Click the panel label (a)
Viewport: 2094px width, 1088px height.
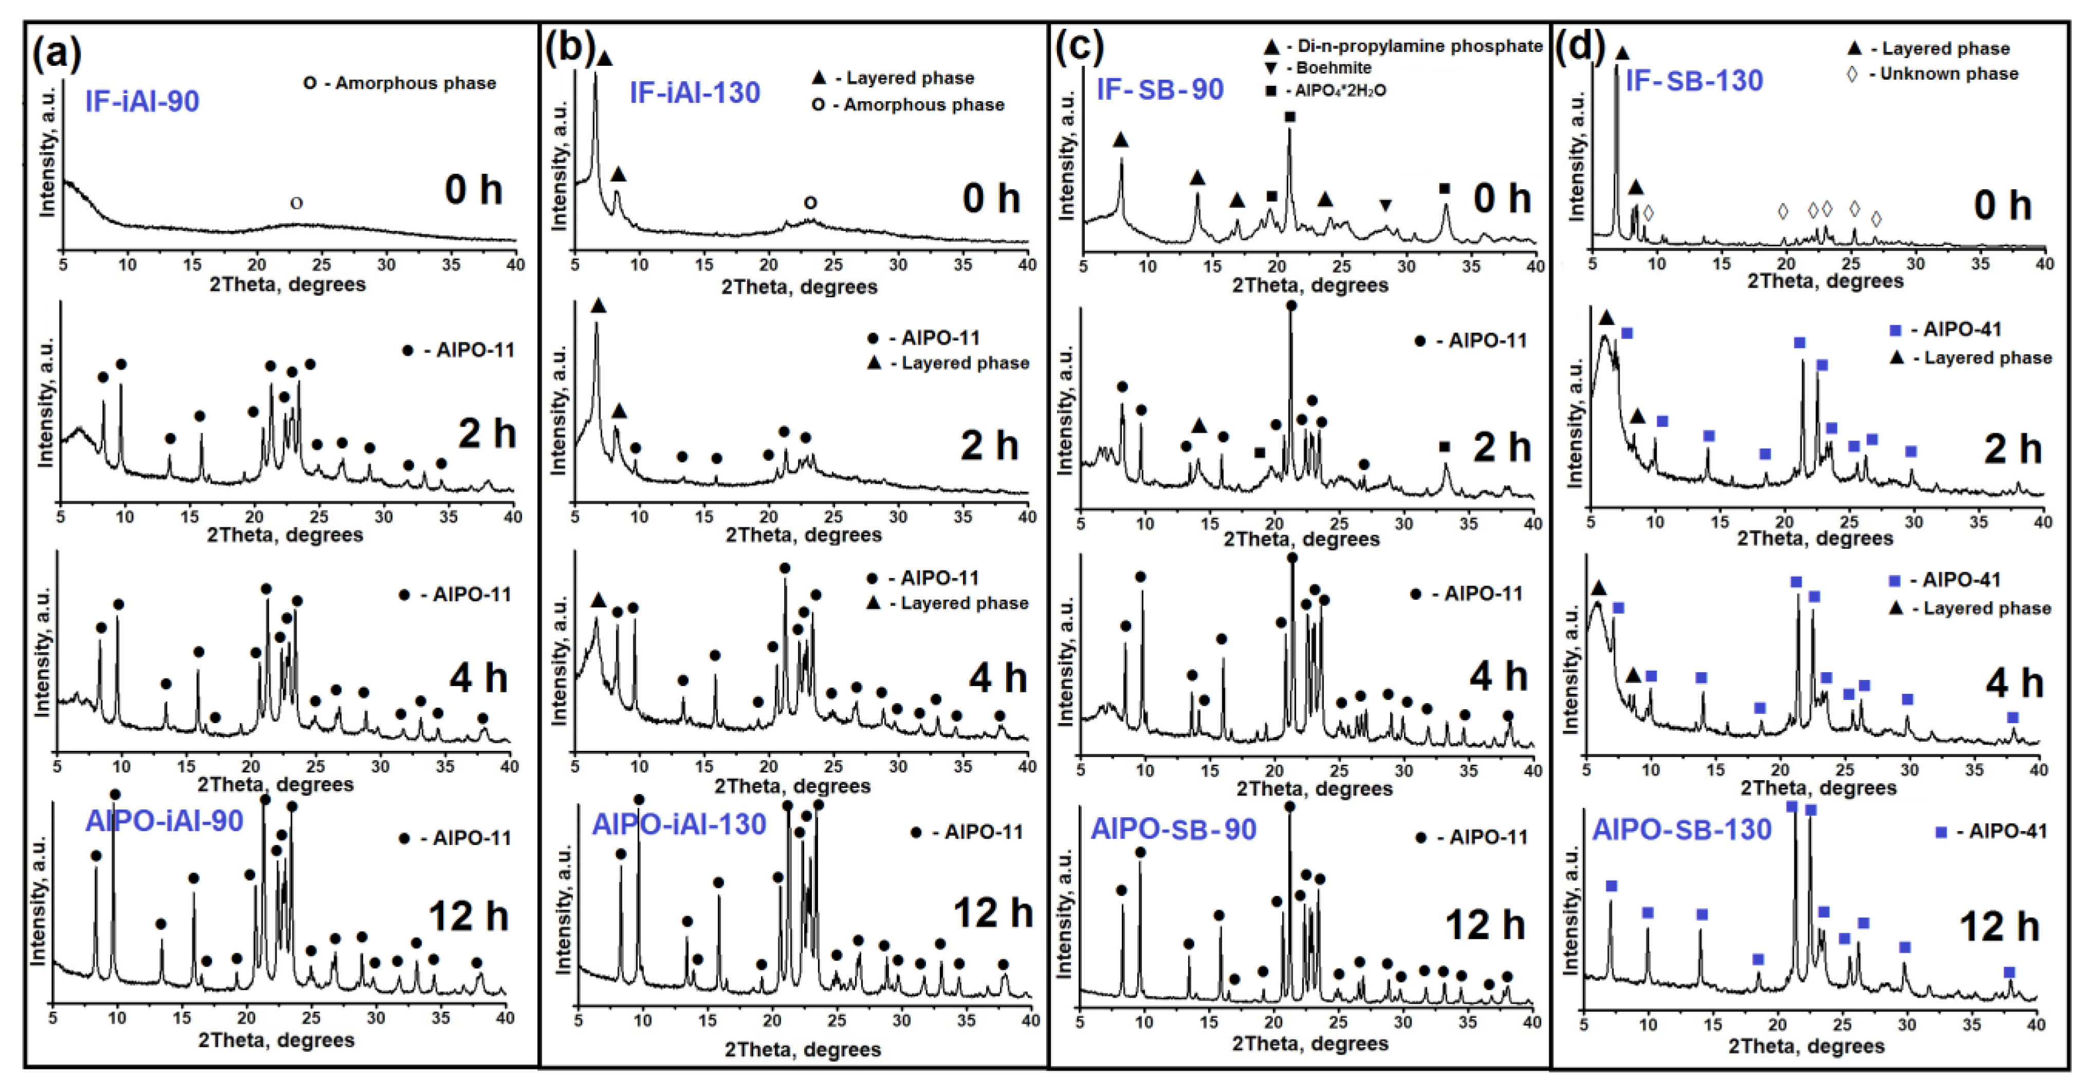click(x=57, y=53)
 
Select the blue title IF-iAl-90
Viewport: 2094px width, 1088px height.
click(x=142, y=102)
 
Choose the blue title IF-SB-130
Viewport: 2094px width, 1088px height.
click(x=1694, y=81)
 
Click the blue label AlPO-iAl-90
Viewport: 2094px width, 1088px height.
click(x=164, y=821)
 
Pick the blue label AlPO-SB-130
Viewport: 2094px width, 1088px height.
click(x=1681, y=829)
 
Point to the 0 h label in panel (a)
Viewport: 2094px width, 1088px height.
click(x=473, y=190)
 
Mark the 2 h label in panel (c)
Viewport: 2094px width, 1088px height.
click(x=1502, y=448)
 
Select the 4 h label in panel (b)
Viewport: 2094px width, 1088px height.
click(x=997, y=678)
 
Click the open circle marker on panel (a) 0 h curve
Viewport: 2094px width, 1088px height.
click(x=297, y=204)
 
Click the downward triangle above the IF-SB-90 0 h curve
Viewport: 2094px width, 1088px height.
click(x=1386, y=206)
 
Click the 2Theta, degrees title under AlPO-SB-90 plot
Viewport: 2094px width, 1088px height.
click(x=1309, y=1043)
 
